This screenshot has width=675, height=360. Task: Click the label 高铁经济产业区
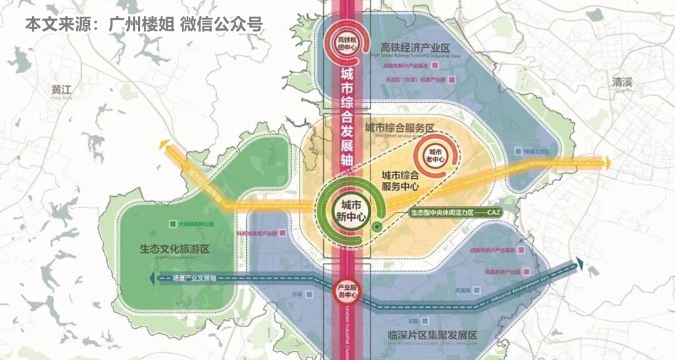415,47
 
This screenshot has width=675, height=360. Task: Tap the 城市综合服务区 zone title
399,127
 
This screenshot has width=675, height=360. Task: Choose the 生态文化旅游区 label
174,248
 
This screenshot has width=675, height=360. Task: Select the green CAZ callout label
456,212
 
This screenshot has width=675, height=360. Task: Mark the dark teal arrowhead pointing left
153,278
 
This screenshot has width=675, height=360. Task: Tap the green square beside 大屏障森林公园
172,223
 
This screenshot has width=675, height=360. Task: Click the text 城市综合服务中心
400,181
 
